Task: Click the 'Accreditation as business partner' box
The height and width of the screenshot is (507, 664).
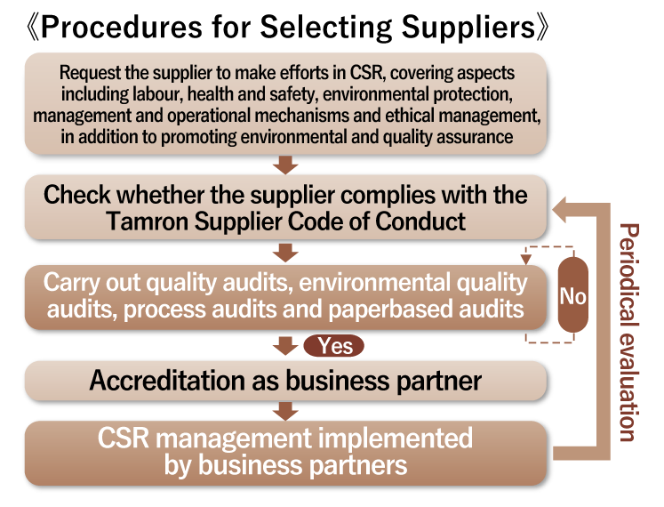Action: click(x=285, y=381)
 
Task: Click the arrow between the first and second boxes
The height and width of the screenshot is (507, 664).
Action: click(x=285, y=164)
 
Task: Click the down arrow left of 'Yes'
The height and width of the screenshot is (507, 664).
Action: click(x=285, y=345)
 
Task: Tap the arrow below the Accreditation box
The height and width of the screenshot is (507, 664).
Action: click(x=285, y=410)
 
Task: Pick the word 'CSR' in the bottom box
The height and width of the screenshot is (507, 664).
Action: click(x=125, y=439)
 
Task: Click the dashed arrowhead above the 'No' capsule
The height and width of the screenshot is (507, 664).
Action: click(x=527, y=260)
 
